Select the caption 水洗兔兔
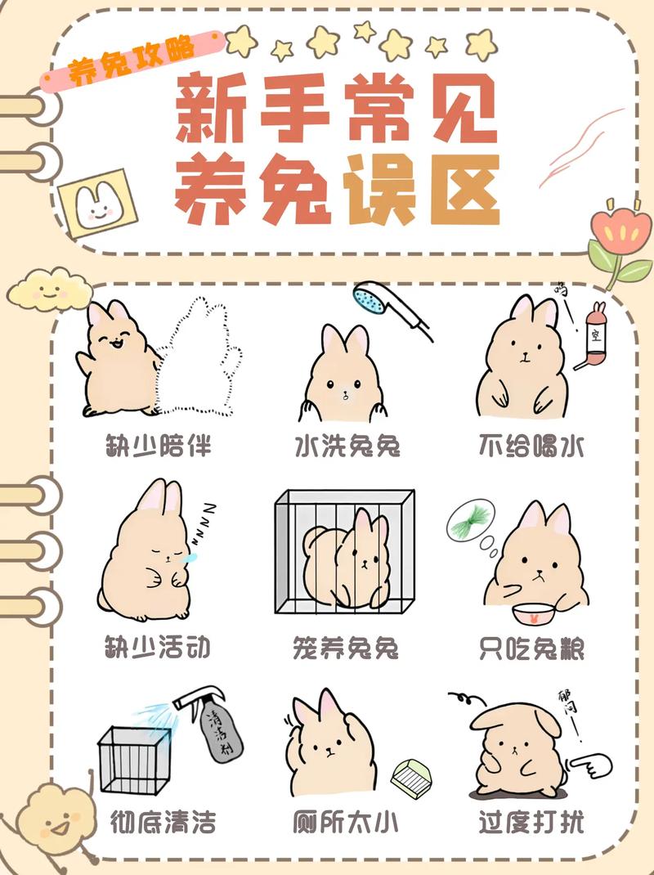[x=347, y=446]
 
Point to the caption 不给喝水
[x=531, y=446]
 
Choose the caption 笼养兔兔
[x=345, y=648]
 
